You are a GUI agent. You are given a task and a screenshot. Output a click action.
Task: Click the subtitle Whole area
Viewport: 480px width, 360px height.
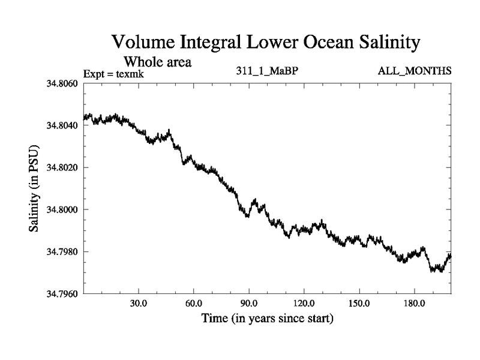[157, 62]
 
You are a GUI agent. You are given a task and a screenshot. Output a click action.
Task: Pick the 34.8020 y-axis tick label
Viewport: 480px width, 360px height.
[62, 167]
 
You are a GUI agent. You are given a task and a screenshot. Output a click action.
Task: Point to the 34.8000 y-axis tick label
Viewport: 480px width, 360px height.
[62, 209]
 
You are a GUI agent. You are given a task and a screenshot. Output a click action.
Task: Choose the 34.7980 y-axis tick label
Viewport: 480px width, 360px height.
[62, 251]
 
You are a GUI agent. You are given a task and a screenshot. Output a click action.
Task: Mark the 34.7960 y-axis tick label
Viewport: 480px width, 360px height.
[62, 294]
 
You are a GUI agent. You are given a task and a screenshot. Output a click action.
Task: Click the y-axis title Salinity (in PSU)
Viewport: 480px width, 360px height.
[34, 188]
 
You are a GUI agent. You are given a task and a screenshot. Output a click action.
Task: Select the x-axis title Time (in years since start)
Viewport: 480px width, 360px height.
[267, 317]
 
